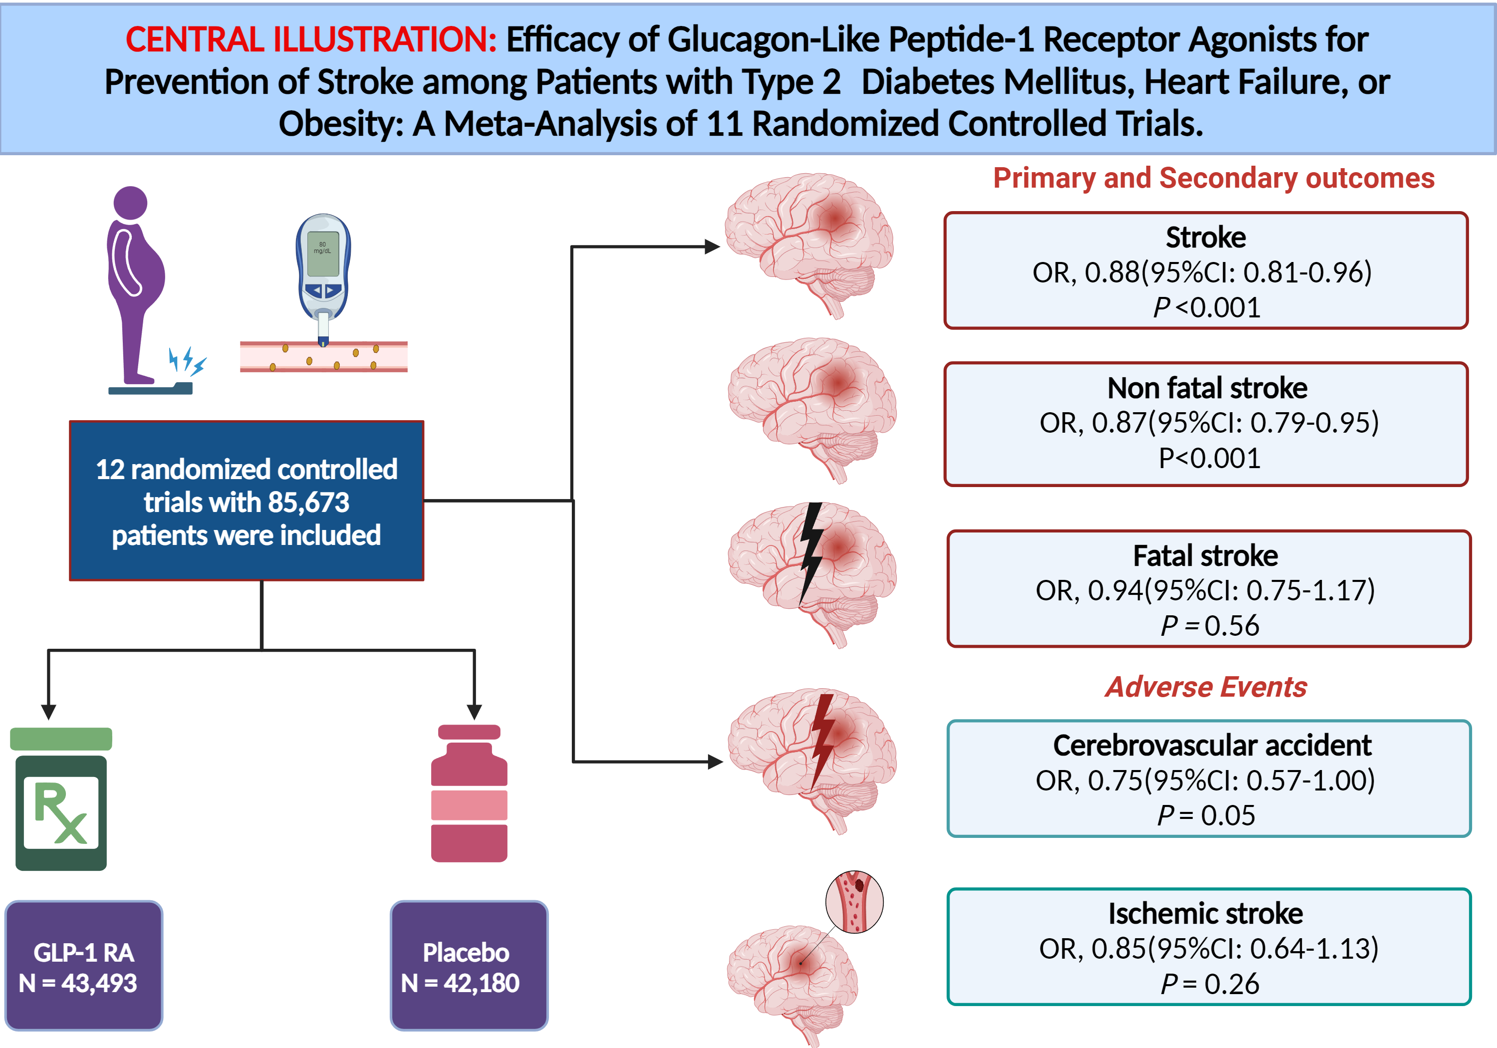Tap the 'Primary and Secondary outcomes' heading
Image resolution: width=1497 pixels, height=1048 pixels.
click(x=1214, y=178)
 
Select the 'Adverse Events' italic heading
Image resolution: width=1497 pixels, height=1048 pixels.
click(x=1206, y=687)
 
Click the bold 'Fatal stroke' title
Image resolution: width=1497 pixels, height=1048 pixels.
click(x=1206, y=555)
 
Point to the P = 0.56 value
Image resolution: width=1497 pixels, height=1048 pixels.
click(x=1210, y=625)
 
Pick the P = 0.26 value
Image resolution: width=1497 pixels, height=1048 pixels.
click(x=1210, y=984)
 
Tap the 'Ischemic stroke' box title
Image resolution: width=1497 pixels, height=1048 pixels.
click(x=1206, y=913)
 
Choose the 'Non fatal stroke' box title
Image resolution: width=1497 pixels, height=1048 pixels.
click(x=1207, y=388)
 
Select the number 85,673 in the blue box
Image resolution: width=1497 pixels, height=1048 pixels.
click(x=308, y=502)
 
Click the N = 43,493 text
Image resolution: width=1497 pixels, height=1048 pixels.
click(x=78, y=983)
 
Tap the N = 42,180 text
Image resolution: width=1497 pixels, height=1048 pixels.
click(x=460, y=983)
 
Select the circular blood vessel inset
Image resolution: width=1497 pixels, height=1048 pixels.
click(x=854, y=901)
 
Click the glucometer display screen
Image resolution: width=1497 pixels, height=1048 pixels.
click(x=323, y=253)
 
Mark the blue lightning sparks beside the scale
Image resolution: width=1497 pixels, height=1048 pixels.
click(x=188, y=361)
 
